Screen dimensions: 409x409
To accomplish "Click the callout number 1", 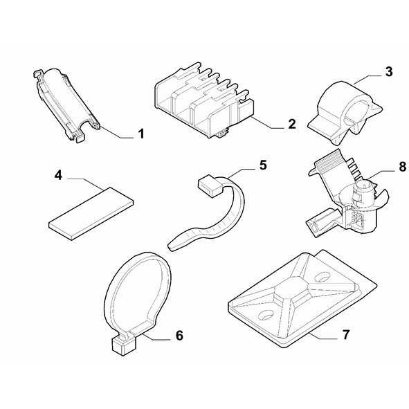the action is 141,134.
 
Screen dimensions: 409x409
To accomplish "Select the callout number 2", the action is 292,124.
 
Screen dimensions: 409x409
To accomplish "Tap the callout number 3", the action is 389,71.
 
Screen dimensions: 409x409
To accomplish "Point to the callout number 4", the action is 58,175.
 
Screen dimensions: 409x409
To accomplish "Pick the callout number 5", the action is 263,165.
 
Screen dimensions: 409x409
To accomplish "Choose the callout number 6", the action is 179,336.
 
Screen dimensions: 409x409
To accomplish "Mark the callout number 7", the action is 345,335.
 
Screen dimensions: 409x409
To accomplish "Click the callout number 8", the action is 403,167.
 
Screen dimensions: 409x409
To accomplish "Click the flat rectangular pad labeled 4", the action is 91,213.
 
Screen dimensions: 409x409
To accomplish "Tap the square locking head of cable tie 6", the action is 124,345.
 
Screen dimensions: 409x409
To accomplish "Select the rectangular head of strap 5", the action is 210,186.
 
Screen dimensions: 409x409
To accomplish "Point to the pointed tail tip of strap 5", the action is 170,246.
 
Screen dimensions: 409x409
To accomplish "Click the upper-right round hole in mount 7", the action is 323,277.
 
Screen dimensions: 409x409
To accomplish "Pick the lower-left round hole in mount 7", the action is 266,315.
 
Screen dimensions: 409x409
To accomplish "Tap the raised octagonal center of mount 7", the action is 294,290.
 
